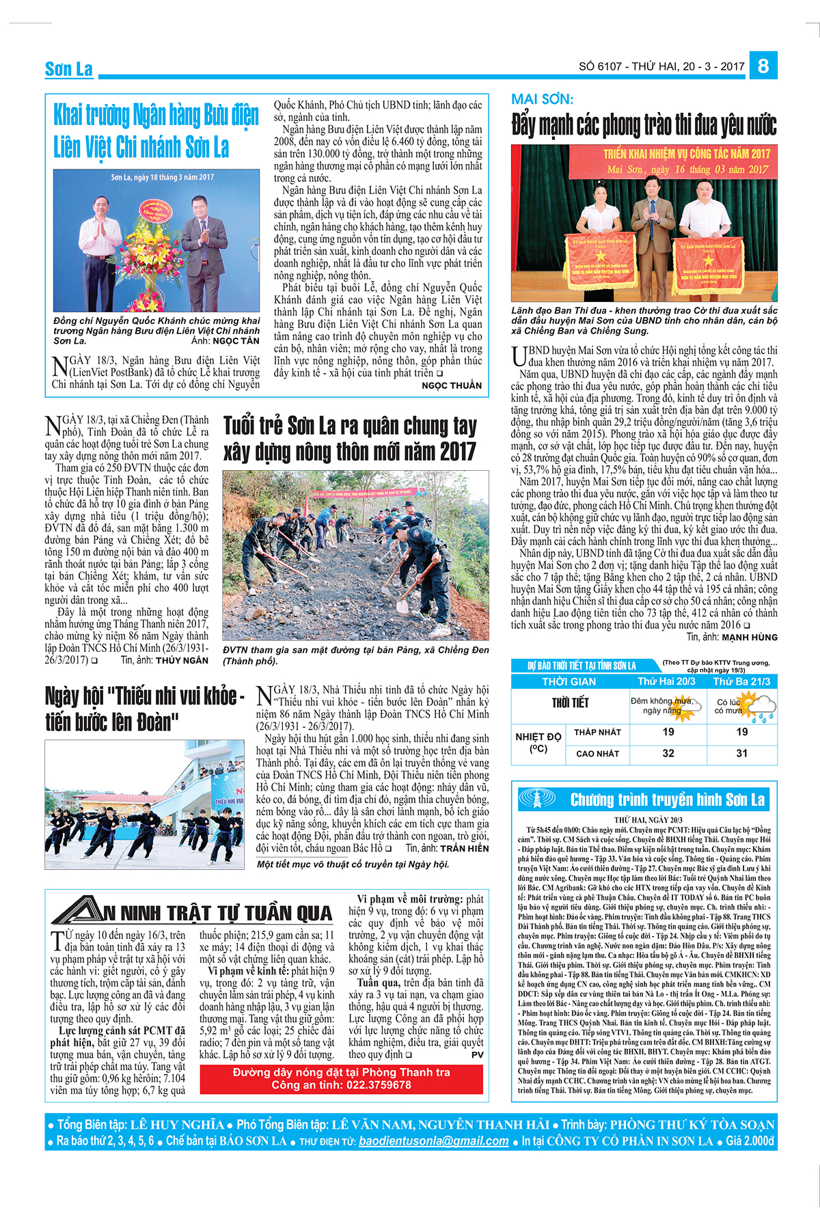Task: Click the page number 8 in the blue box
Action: point(763,66)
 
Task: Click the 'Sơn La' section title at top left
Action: point(68,69)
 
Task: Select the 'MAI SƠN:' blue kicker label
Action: point(542,100)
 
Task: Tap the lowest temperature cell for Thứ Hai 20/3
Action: point(668,732)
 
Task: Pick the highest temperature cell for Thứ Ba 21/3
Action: point(741,753)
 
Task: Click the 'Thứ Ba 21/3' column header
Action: point(741,681)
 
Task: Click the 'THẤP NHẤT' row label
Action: point(597,732)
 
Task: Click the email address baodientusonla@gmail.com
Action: point(433,1140)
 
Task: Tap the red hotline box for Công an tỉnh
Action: point(341,1078)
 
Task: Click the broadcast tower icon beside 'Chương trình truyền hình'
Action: point(538,797)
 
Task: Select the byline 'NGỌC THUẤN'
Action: point(452,385)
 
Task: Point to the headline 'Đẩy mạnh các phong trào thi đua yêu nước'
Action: point(644,125)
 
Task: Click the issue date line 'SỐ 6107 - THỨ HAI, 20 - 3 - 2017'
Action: point(661,66)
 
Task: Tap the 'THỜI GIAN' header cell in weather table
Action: point(569,681)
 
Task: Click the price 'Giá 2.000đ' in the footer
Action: point(750,1140)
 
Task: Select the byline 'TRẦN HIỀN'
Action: point(464,848)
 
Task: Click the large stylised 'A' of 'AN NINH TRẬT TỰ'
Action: point(77,911)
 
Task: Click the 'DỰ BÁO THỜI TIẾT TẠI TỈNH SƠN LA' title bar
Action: point(582,666)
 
